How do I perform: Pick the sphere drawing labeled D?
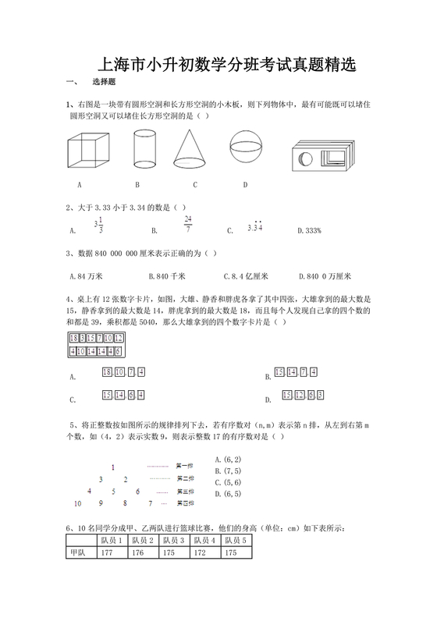247,147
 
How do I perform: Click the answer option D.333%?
310,230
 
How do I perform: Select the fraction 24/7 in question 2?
188,224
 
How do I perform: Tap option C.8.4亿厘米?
246,276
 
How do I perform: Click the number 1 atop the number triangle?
115,467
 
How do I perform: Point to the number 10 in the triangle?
77,503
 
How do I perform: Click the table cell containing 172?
204,552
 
